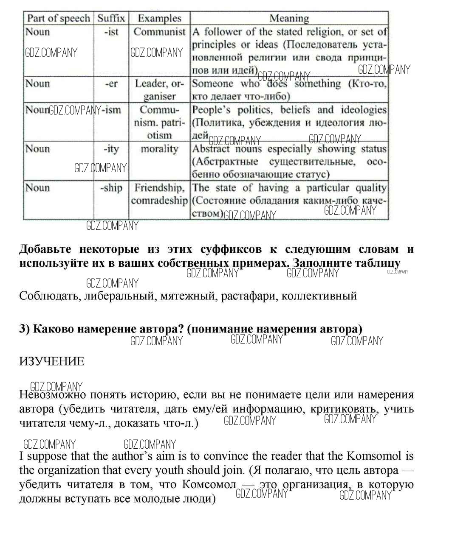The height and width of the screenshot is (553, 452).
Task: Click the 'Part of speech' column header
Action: (x=59, y=18)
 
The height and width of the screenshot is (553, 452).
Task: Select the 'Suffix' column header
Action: (x=111, y=18)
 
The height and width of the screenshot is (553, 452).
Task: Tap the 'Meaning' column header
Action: (x=289, y=18)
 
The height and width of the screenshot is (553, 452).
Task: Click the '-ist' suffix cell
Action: (x=111, y=32)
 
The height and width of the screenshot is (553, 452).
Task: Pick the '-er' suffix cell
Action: (x=111, y=84)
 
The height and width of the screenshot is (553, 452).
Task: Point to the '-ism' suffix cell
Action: (x=111, y=110)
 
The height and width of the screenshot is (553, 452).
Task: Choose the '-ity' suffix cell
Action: (x=111, y=149)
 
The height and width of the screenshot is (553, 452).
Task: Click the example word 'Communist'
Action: (x=159, y=32)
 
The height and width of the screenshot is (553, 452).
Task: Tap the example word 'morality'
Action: (x=159, y=149)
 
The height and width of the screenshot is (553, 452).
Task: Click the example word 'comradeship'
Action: (x=159, y=201)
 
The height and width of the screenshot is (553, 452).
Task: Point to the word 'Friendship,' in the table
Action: (x=159, y=188)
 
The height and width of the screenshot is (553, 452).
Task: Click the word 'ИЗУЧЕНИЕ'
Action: (x=52, y=362)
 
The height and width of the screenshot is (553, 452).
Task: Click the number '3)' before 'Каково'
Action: (x=24, y=329)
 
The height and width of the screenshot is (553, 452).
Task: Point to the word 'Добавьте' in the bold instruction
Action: (x=45, y=249)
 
